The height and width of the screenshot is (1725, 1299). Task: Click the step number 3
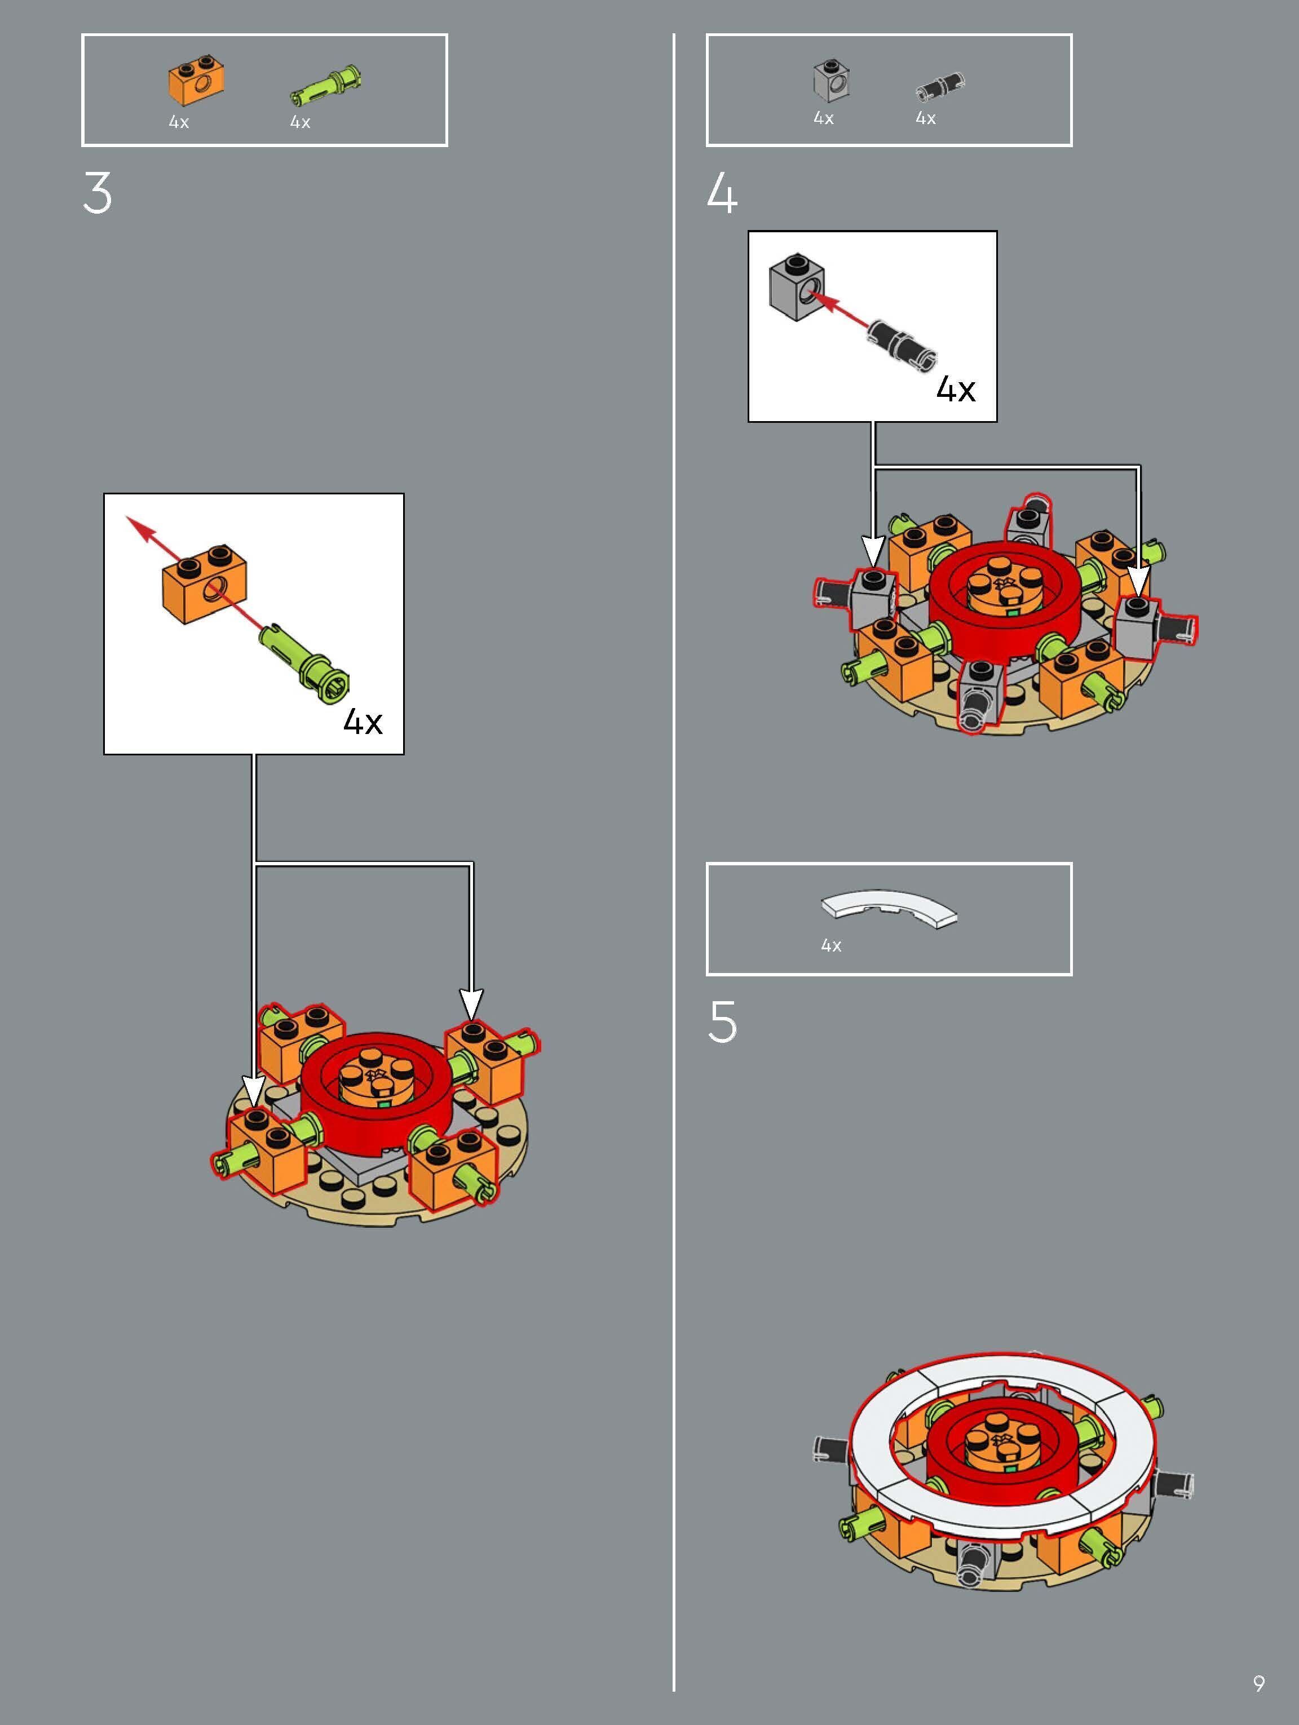click(98, 193)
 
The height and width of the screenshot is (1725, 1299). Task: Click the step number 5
click(722, 1021)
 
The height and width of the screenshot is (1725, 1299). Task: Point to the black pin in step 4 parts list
click(939, 86)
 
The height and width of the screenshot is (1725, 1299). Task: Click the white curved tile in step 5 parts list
click(889, 909)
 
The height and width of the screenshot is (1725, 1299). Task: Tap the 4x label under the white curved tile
click(831, 946)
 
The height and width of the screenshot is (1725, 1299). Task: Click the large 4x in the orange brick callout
click(363, 722)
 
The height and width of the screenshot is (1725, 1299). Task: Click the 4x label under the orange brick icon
click(179, 122)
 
